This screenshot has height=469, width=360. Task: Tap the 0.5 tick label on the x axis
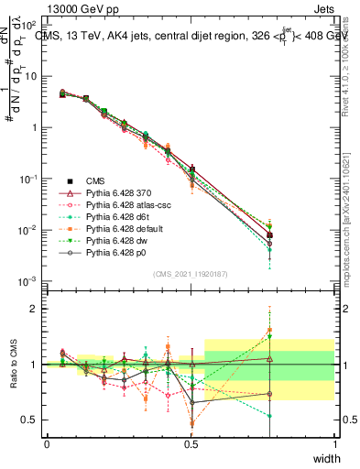[x=191, y=444]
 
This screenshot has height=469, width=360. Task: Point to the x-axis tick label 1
[x=335, y=444]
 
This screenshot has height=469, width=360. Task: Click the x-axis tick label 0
[x=47, y=444]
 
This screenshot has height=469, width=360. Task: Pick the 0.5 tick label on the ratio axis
[x=31, y=420]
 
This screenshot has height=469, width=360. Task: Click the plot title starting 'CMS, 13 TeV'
[x=192, y=36]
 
